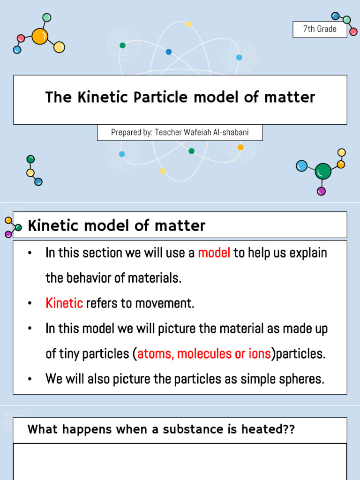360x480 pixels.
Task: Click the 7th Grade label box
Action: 320,29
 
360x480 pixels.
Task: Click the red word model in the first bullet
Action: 214,253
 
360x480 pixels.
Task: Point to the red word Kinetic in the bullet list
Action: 64,303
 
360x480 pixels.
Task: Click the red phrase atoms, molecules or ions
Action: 204,354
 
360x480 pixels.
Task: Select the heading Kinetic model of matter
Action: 117,226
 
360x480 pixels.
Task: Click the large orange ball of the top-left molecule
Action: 40,36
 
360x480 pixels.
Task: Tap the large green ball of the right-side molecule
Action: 323,172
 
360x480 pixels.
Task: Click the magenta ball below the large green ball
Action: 321,191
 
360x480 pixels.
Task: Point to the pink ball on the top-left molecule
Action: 21,38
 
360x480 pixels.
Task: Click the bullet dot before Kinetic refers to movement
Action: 30,304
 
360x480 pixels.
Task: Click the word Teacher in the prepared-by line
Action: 168,133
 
